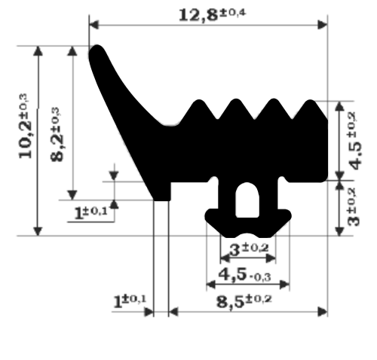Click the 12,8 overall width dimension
[213, 15]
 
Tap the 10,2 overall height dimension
[26, 126]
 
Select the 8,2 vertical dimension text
[57, 134]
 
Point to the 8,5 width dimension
[244, 301]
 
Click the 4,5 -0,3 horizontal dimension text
[244, 275]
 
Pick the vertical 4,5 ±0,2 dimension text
[355, 141]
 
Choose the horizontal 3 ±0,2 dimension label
[249, 249]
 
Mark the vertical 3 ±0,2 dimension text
[353, 206]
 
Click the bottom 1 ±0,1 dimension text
[130, 301]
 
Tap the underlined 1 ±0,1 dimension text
[91, 213]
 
